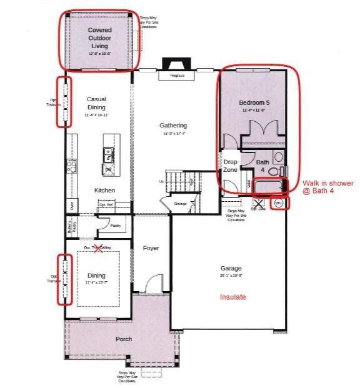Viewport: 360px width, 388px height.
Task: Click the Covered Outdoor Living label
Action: coord(99,38)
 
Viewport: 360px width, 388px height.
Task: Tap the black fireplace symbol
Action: coord(170,65)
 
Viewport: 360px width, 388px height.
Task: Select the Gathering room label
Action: coord(173,126)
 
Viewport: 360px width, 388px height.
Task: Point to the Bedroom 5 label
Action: coord(254,102)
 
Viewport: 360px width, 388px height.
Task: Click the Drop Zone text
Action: coord(231,166)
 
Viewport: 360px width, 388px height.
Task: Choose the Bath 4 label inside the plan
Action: coord(263,166)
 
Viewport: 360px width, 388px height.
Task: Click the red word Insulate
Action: coord(233,297)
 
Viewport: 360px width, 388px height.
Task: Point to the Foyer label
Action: coord(151,248)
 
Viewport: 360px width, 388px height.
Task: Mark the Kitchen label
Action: coord(104,190)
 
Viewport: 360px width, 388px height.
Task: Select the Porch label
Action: coord(123,339)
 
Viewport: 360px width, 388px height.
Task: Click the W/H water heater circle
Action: coord(279,203)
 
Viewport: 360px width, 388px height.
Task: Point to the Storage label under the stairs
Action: coord(180,204)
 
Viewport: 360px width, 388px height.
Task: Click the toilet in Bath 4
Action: coord(282,170)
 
